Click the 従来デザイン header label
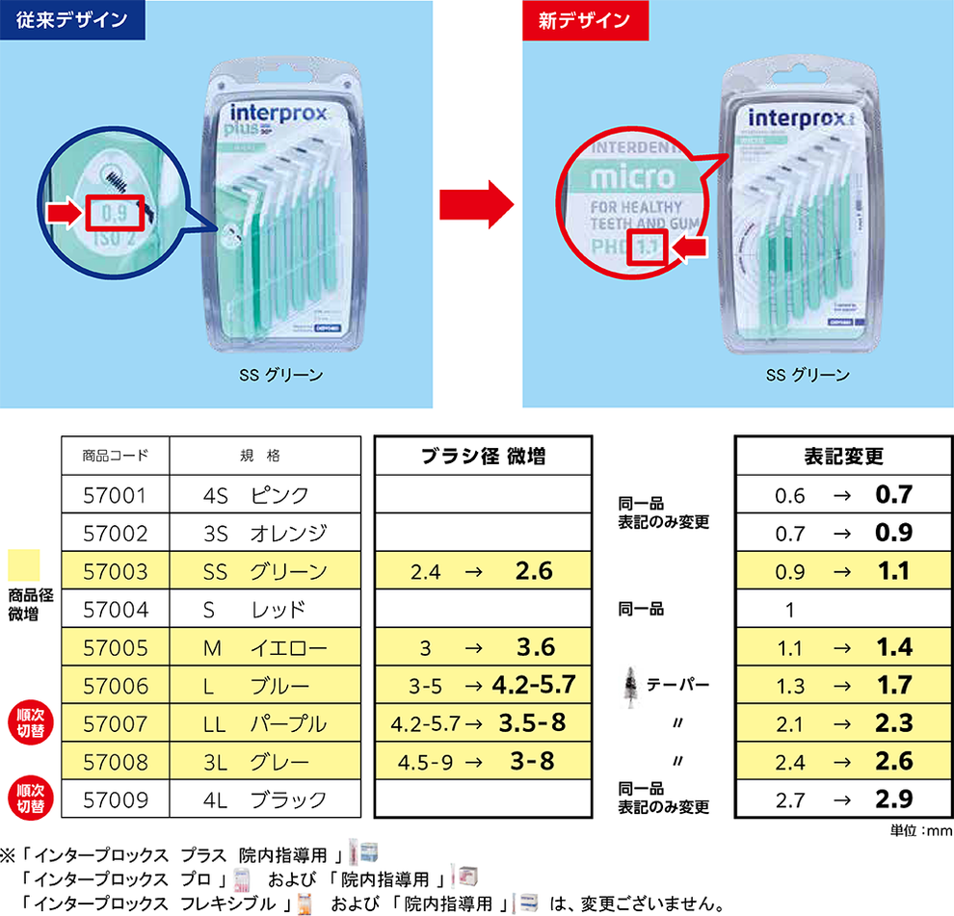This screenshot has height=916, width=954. click(72, 19)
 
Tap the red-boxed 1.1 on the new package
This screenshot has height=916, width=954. click(647, 247)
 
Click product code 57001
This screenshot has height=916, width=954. click(116, 495)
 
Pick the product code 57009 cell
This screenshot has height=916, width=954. click(116, 799)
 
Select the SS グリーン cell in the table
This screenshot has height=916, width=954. click(265, 571)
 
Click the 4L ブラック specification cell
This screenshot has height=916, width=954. click(265, 799)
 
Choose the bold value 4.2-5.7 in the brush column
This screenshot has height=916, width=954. click(533, 686)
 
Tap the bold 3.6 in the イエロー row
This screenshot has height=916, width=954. click(534, 647)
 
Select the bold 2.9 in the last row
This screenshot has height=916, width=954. click(892, 799)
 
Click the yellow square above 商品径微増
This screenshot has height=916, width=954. click(23, 564)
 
